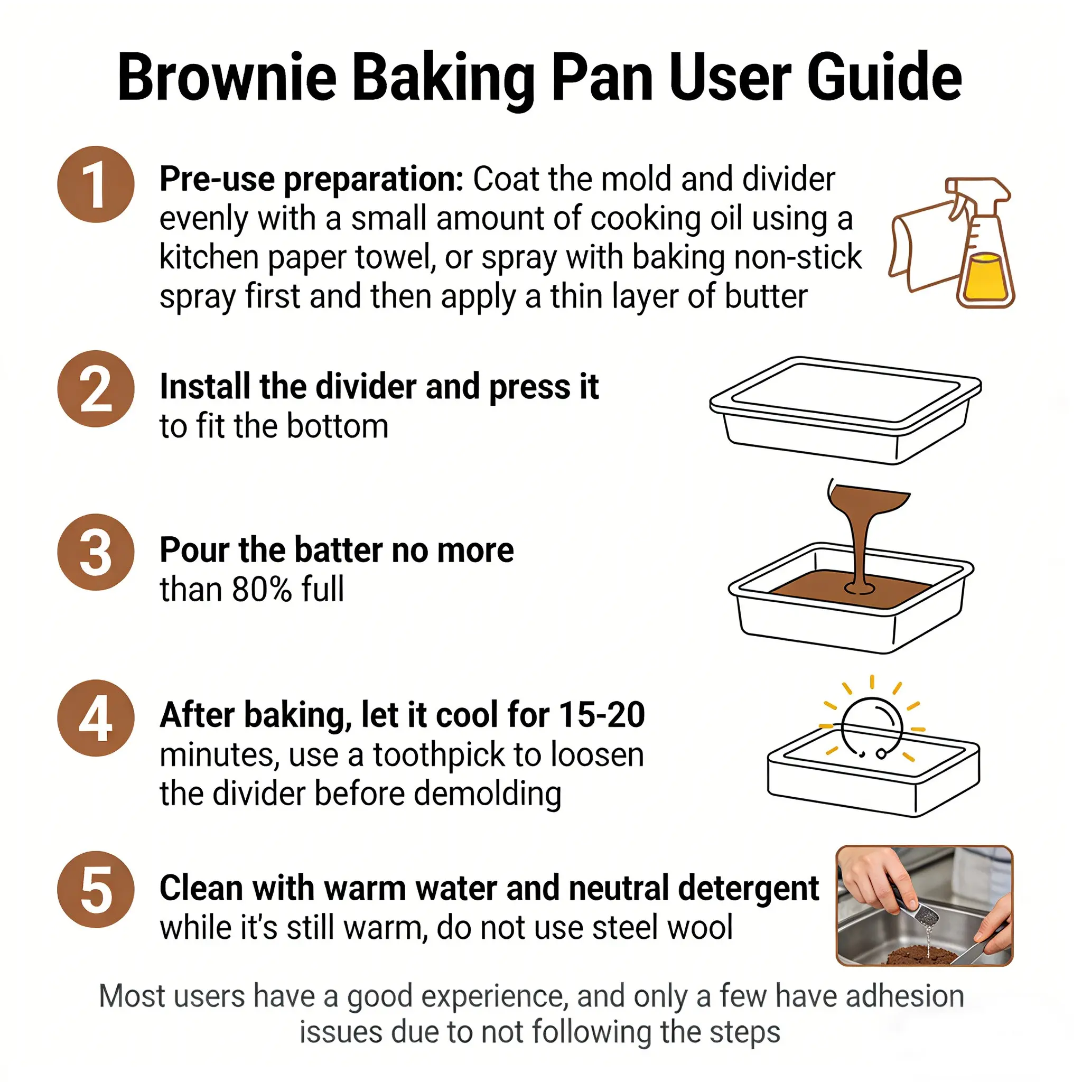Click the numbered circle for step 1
[96, 184]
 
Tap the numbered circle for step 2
[96, 389]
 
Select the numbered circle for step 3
[96, 552]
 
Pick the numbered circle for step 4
[96, 718]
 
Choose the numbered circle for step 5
[96, 889]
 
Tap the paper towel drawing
[924, 246]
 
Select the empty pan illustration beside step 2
[845, 411]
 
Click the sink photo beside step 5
[925, 906]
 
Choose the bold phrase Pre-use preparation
[311, 180]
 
